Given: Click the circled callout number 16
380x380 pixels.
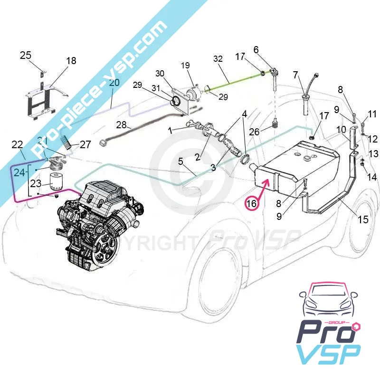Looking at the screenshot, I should (251, 203).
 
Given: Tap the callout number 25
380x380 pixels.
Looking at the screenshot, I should (26, 55).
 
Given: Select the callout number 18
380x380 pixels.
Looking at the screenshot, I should (71, 61).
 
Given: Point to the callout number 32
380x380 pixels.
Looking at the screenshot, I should (218, 59).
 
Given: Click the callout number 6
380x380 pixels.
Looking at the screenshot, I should (256, 49).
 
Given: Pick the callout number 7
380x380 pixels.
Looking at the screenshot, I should (295, 75).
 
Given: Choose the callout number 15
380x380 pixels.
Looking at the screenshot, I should (363, 219).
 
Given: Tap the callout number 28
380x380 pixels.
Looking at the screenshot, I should (122, 125).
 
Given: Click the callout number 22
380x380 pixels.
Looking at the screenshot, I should (17, 144).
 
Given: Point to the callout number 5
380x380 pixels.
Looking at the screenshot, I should (180, 161).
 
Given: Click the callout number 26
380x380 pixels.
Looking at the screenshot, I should (255, 132).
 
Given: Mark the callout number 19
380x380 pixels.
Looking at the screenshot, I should (185, 65).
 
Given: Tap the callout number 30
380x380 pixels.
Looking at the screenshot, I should (160, 73).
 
